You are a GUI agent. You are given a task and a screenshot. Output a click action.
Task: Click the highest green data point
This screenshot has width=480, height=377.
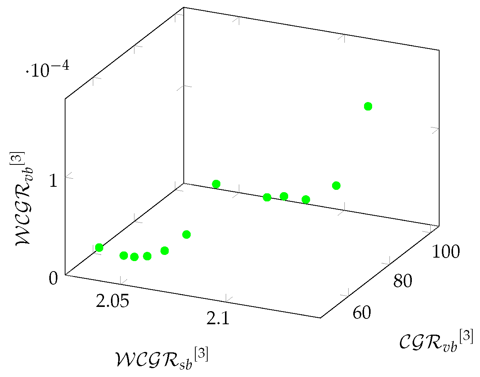pos(368,106)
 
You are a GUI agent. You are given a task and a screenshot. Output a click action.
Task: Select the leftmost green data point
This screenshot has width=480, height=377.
pos(99,248)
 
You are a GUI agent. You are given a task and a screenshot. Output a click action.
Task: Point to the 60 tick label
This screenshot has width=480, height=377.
pos(362,313)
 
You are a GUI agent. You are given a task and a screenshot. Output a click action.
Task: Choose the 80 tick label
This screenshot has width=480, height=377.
pos(403,282)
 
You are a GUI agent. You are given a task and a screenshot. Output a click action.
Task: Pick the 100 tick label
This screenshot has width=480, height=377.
pos(445,252)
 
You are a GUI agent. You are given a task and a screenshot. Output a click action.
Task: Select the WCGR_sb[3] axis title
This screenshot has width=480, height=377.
pos(161,359)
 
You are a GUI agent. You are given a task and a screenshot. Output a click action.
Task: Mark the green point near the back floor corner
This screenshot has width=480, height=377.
pos(216,184)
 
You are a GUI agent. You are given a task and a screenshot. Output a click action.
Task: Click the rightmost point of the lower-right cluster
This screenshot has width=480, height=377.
pos(336,186)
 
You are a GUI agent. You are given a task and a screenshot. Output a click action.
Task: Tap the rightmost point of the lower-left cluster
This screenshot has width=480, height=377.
pos(186,235)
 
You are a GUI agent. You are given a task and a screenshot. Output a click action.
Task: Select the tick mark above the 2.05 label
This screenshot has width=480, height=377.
pos(121,280)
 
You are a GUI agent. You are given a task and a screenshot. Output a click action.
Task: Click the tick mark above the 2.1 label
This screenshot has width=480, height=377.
pos(227,298)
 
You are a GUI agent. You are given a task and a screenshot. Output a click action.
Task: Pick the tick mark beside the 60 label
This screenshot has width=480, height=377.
pos(349,292)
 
